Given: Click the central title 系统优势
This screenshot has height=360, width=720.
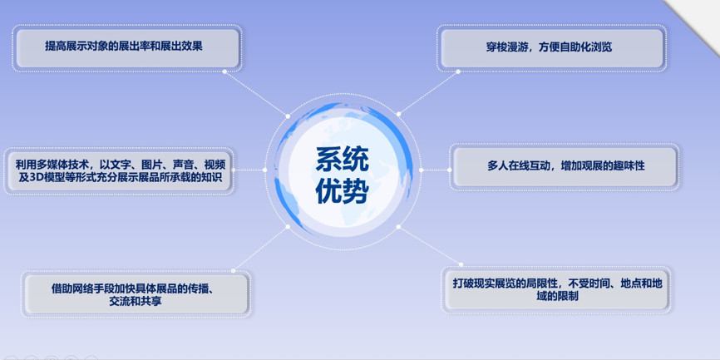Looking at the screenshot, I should (342, 175).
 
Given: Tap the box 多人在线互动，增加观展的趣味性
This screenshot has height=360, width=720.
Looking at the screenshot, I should (565, 165).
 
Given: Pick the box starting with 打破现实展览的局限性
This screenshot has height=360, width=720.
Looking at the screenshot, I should (557, 289).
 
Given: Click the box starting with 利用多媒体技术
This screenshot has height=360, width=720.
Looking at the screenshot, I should (120, 170).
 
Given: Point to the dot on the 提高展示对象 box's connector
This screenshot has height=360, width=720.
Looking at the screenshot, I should (224, 72).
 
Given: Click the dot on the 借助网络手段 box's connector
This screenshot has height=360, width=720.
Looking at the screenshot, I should (234, 270).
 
